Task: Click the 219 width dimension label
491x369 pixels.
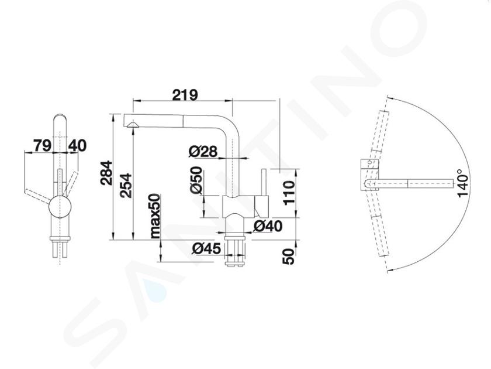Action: click(x=185, y=95)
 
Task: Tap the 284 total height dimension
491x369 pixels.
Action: click(x=106, y=173)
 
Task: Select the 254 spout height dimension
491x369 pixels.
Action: click(x=126, y=186)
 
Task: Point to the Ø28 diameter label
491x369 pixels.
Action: click(x=203, y=151)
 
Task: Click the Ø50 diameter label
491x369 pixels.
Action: click(x=196, y=180)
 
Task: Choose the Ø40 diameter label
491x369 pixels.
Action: click(x=268, y=226)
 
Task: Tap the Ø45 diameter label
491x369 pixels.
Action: click(x=207, y=248)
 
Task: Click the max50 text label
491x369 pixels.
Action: click(x=155, y=216)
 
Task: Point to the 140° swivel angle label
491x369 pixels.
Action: click(x=463, y=183)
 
